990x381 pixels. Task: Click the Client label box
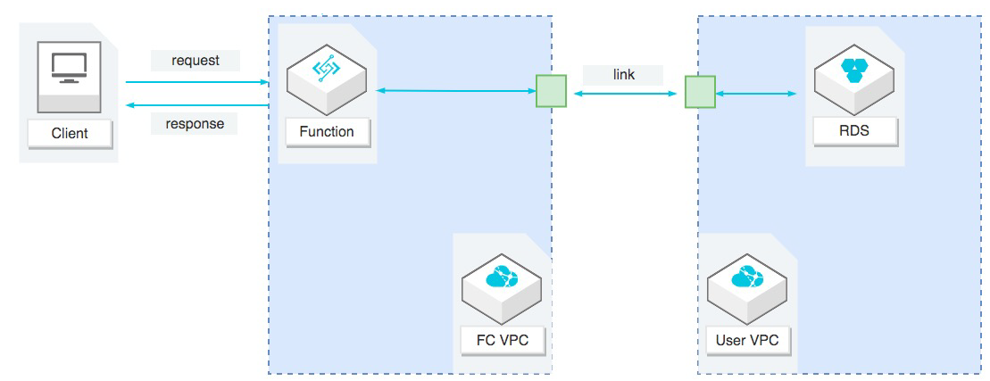click(x=70, y=134)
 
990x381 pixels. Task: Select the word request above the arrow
click(x=196, y=61)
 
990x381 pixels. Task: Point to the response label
click(x=195, y=123)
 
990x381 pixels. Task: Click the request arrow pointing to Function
click(x=196, y=82)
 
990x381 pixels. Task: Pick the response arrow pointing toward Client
click(x=196, y=105)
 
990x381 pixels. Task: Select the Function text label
click(x=327, y=132)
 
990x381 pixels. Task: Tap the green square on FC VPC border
click(x=551, y=92)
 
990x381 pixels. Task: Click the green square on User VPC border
click(x=700, y=92)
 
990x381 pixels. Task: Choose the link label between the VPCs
click(x=624, y=75)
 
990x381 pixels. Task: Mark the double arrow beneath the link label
click(x=625, y=92)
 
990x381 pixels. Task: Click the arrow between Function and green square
click(x=455, y=90)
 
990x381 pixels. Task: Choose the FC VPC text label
click(x=502, y=340)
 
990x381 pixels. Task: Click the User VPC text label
click(x=747, y=340)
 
